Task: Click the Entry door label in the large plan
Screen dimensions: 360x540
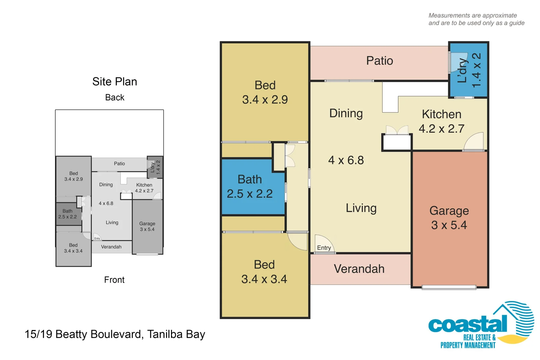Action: (x=324, y=248)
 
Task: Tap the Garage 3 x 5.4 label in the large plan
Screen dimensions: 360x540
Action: (x=449, y=218)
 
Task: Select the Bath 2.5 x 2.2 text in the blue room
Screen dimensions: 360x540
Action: (x=250, y=186)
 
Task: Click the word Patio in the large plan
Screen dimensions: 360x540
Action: (x=379, y=61)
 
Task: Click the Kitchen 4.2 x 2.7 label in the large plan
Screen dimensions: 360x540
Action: (x=441, y=121)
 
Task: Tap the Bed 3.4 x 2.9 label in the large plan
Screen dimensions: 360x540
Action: (x=265, y=92)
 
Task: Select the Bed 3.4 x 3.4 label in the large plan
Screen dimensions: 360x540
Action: (x=264, y=272)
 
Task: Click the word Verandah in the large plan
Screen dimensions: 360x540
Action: (x=359, y=269)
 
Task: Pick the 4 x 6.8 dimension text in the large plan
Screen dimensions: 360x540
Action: (x=346, y=160)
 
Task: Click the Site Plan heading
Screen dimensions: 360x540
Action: (x=115, y=82)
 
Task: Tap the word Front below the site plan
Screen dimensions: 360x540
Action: (x=114, y=280)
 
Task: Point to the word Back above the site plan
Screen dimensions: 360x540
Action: (x=115, y=97)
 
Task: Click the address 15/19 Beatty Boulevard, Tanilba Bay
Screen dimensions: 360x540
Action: (x=115, y=334)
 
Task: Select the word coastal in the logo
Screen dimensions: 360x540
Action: (x=468, y=324)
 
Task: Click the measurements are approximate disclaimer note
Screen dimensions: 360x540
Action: (x=476, y=19)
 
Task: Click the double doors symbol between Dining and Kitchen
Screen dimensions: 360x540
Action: (x=397, y=130)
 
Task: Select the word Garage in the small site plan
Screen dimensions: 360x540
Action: (x=147, y=224)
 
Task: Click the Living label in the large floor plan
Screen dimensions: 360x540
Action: (x=361, y=208)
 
